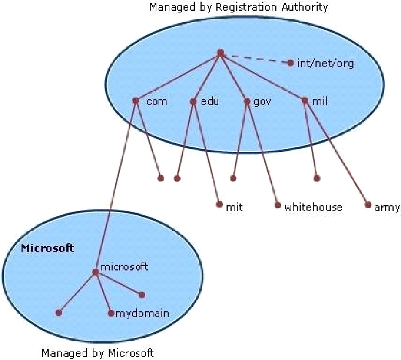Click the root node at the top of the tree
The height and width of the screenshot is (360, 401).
pos(220,53)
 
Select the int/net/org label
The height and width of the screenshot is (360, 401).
pos(325,63)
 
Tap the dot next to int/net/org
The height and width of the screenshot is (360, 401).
pos(290,63)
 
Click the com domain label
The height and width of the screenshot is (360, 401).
pos(157,102)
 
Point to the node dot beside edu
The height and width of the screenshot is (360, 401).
pos(193,101)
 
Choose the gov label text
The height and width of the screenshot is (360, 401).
pos(262,102)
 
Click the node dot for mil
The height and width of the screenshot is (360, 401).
pos(304,100)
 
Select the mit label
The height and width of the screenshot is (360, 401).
pos(234,207)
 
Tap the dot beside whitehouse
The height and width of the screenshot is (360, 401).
pos(278,205)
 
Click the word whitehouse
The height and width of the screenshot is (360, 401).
pos(313,207)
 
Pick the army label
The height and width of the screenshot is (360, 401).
pos(387,207)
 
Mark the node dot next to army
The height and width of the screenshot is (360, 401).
pos(368,205)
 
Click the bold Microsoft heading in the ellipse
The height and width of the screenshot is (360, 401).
pos(48,248)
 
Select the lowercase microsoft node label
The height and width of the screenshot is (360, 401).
pos(124,267)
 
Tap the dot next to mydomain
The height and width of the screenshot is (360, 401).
pos(111,313)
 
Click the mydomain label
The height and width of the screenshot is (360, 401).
pos(142,314)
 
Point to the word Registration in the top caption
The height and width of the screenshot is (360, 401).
pos(246,7)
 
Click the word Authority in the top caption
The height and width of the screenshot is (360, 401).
pos(304,7)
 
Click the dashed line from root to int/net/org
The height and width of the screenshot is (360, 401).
pos(256,58)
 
